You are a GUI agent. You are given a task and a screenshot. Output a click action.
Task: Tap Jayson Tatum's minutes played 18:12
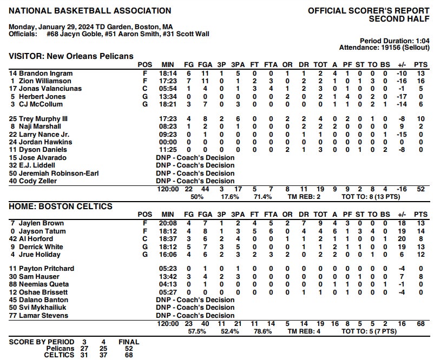pyautogui.click(x=168, y=231)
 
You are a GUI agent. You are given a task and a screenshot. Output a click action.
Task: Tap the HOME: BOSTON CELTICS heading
pyautogui.click(x=61, y=206)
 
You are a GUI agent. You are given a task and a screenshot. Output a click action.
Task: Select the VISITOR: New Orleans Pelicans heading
pyautogui.click(x=71, y=56)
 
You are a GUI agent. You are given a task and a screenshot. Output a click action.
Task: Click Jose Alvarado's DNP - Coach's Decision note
pyautogui.click(x=195, y=158)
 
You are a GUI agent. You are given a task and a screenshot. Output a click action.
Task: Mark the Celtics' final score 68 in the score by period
pyautogui.click(x=129, y=355)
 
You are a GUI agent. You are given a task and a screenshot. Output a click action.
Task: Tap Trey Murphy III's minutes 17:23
pyautogui.click(x=168, y=119)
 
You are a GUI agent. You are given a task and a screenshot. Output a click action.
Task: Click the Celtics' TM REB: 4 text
pyautogui.click(x=305, y=331)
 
